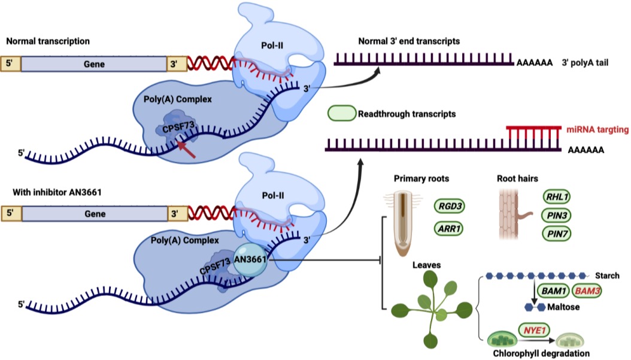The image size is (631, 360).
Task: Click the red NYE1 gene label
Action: tap(534, 329)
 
